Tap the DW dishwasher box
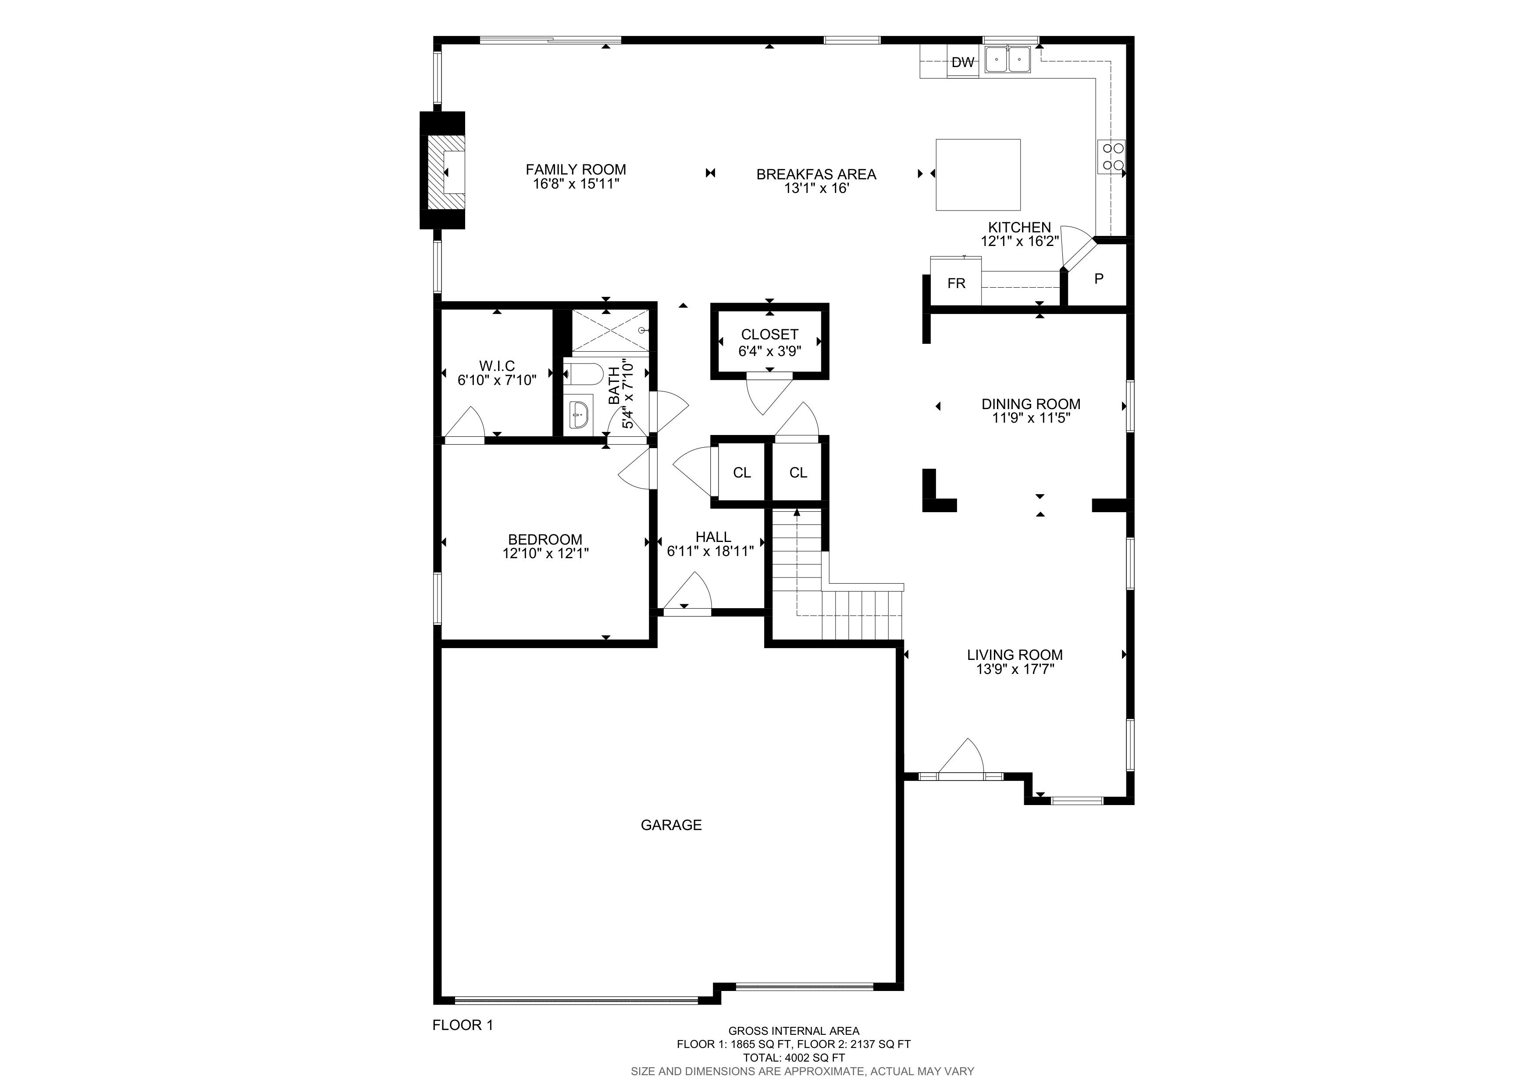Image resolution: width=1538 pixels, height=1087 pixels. coord(963,62)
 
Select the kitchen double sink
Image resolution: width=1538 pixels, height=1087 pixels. coord(1008,60)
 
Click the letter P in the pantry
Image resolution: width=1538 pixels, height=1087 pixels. coord(1099,278)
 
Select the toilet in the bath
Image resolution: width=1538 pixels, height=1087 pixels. coord(584,374)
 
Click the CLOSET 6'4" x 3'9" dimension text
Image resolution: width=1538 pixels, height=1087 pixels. coord(770,351)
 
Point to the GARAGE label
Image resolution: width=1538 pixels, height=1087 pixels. coord(671,825)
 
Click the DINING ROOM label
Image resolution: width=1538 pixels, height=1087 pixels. coord(1031,404)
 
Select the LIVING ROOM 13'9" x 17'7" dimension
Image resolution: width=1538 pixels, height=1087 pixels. coord(1015,669)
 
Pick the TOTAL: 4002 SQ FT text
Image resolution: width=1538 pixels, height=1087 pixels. coord(794,1058)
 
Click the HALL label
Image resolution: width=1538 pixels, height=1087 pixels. coord(713,537)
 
